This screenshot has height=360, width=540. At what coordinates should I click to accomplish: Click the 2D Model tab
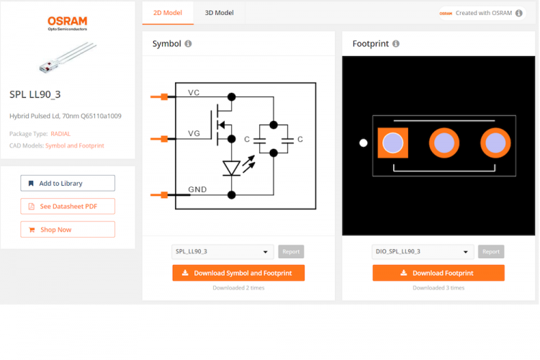168,12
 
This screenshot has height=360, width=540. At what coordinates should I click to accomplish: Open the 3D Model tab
219,12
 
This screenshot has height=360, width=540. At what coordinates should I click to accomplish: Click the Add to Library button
68,183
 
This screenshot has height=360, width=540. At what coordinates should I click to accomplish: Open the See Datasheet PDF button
68,207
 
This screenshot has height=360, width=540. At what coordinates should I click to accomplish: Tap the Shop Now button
68,230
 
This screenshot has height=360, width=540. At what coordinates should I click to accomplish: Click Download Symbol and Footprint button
238,273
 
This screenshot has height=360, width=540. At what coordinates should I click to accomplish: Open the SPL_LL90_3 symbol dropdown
222,252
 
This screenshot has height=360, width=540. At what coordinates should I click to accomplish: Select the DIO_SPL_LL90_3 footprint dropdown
423,252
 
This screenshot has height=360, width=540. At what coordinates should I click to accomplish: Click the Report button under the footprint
491,252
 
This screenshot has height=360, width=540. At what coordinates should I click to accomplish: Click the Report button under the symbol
291,252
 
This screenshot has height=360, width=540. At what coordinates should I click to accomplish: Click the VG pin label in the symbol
194,134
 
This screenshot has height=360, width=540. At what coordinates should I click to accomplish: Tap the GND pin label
197,190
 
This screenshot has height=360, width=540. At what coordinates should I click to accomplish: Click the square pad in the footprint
392,143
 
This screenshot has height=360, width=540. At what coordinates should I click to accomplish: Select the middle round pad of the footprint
444,143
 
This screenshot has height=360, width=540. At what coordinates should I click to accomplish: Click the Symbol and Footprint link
75,145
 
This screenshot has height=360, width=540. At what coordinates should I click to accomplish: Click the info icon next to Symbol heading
189,44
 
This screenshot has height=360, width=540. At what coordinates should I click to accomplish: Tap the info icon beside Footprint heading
396,44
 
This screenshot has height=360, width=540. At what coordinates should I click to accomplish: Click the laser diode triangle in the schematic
231,168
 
